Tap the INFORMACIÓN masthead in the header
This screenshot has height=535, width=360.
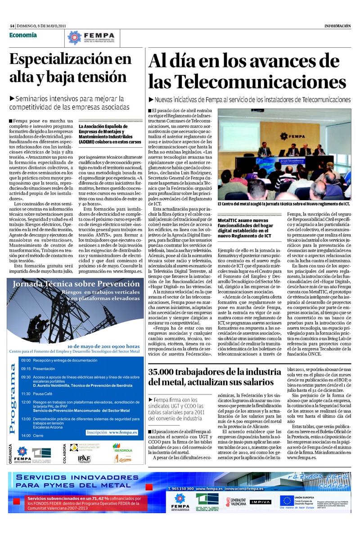(337, 26)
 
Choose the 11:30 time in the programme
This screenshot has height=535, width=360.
(26, 394)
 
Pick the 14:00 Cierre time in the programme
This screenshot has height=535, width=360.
(26, 435)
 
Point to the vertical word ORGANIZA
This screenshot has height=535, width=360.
(10, 455)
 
